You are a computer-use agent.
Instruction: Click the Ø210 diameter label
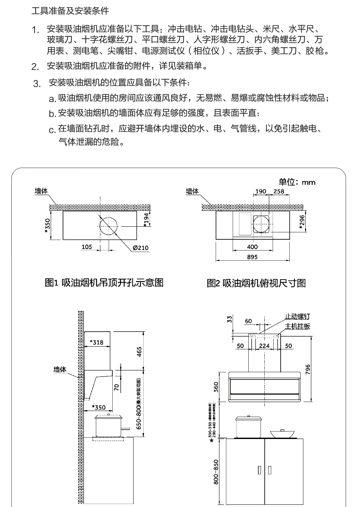pos(140,248)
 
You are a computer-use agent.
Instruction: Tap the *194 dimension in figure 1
pos(146,220)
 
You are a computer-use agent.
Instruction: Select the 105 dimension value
pos(87,247)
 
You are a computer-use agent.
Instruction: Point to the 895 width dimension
pos(252,257)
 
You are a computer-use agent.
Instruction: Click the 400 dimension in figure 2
pos(252,247)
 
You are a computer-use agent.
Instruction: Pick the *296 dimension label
pos(302,222)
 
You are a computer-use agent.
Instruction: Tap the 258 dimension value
pos(279,191)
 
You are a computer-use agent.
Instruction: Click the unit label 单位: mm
pos(297,182)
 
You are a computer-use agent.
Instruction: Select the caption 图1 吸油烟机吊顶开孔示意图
pos(104,283)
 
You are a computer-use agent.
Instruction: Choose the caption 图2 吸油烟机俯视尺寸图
pos(256,283)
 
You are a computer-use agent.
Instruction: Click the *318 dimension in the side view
pos(97,342)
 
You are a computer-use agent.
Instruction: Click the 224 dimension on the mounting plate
pos(264,346)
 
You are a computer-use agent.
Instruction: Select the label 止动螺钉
pos(297,316)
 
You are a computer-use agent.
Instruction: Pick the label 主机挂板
pos(297,326)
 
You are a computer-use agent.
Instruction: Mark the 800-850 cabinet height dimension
pos(216,472)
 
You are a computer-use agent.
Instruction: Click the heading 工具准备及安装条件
pos(70,11)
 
